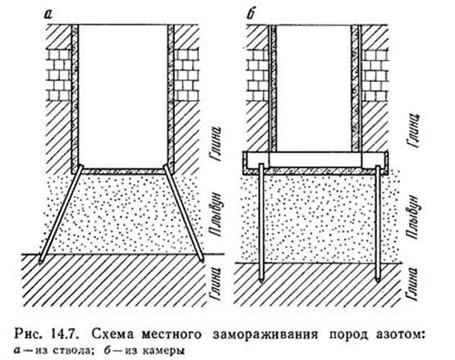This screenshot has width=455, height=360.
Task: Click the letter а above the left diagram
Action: point(48,14)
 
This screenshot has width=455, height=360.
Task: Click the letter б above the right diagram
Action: point(250,14)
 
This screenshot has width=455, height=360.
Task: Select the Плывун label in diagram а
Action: point(216,214)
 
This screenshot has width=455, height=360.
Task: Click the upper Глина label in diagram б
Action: point(413,130)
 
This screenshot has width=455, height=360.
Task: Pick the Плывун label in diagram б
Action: point(413,217)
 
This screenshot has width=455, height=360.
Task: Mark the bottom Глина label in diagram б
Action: point(412,284)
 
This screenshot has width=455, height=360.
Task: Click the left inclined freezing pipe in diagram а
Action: point(61,215)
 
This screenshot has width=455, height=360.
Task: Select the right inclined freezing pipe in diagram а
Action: point(184,214)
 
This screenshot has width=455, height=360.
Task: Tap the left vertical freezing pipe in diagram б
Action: point(262,223)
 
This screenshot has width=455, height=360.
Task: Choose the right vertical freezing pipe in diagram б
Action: point(378,224)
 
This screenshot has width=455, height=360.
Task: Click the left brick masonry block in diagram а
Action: point(59,75)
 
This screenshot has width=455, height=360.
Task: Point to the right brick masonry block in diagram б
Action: point(375,75)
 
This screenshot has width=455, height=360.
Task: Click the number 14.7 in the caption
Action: point(67,334)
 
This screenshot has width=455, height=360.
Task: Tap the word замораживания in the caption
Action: point(266,335)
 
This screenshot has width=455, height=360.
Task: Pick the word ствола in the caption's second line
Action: point(76,351)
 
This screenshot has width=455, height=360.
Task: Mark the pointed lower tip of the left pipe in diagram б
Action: point(262,282)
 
